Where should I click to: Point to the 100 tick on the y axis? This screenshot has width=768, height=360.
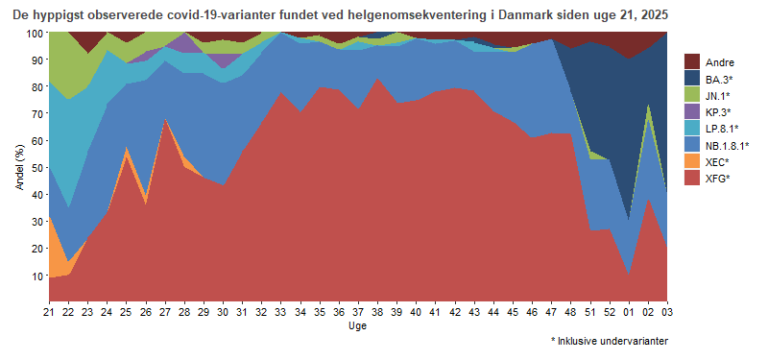(x=34, y=33)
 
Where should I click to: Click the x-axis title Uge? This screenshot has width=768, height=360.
(x=357, y=325)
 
